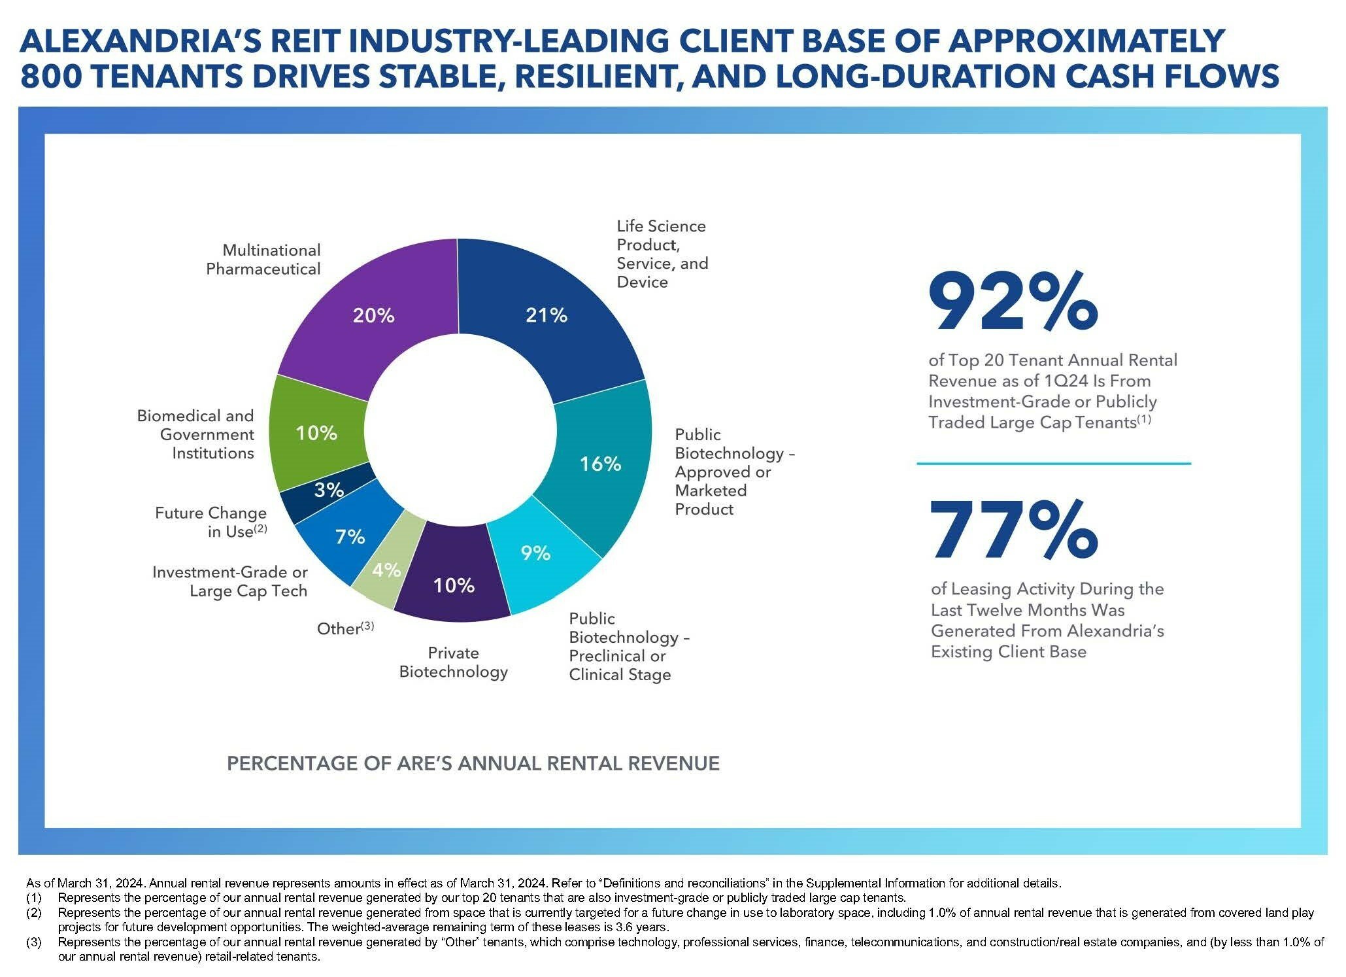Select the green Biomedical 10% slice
click(x=316, y=433)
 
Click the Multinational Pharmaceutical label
click(x=263, y=260)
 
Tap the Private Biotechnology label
click(x=453, y=662)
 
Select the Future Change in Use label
click(x=211, y=522)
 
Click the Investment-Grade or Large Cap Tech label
click(x=229, y=581)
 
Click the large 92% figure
click(x=1013, y=303)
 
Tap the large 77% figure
click(x=1013, y=529)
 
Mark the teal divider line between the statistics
click(x=1053, y=464)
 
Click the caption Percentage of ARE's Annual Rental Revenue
click(x=473, y=763)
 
